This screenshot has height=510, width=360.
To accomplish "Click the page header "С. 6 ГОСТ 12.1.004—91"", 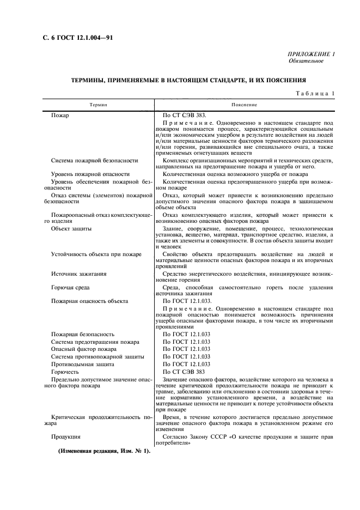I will click(x=69, y=38).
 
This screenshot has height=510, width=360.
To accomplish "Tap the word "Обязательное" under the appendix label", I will click(x=306, y=61).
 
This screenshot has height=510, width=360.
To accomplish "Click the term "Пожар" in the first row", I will click(x=61, y=116).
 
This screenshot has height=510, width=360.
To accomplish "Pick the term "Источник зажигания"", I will click(x=79, y=274).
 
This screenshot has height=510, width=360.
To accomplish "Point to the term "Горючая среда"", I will click(x=70, y=287).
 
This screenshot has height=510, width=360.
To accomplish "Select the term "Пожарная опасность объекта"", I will click(x=90, y=301).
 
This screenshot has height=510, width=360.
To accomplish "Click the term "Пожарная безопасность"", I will click(x=83, y=334).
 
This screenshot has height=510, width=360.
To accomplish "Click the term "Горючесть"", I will click(x=65, y=372).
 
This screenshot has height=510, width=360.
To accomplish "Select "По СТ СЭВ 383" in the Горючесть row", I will click(x=184, y=372).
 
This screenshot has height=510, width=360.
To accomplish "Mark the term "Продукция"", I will click(x=66, y=436).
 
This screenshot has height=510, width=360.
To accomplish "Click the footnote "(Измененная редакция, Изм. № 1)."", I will click(x=100, y=452).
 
